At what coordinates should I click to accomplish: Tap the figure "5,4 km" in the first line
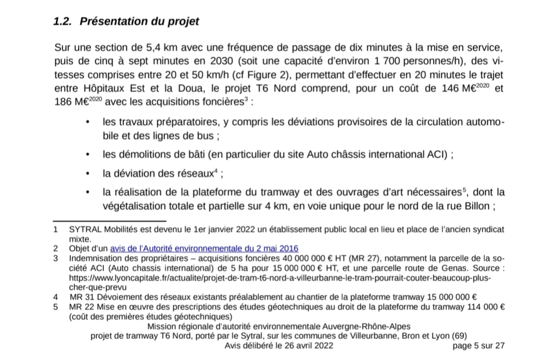coord(161,48)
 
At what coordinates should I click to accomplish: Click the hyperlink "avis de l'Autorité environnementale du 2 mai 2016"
coord(204,248)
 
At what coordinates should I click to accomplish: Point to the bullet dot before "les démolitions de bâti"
coord(89,154)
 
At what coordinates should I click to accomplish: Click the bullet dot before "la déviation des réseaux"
coord(89,173)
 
